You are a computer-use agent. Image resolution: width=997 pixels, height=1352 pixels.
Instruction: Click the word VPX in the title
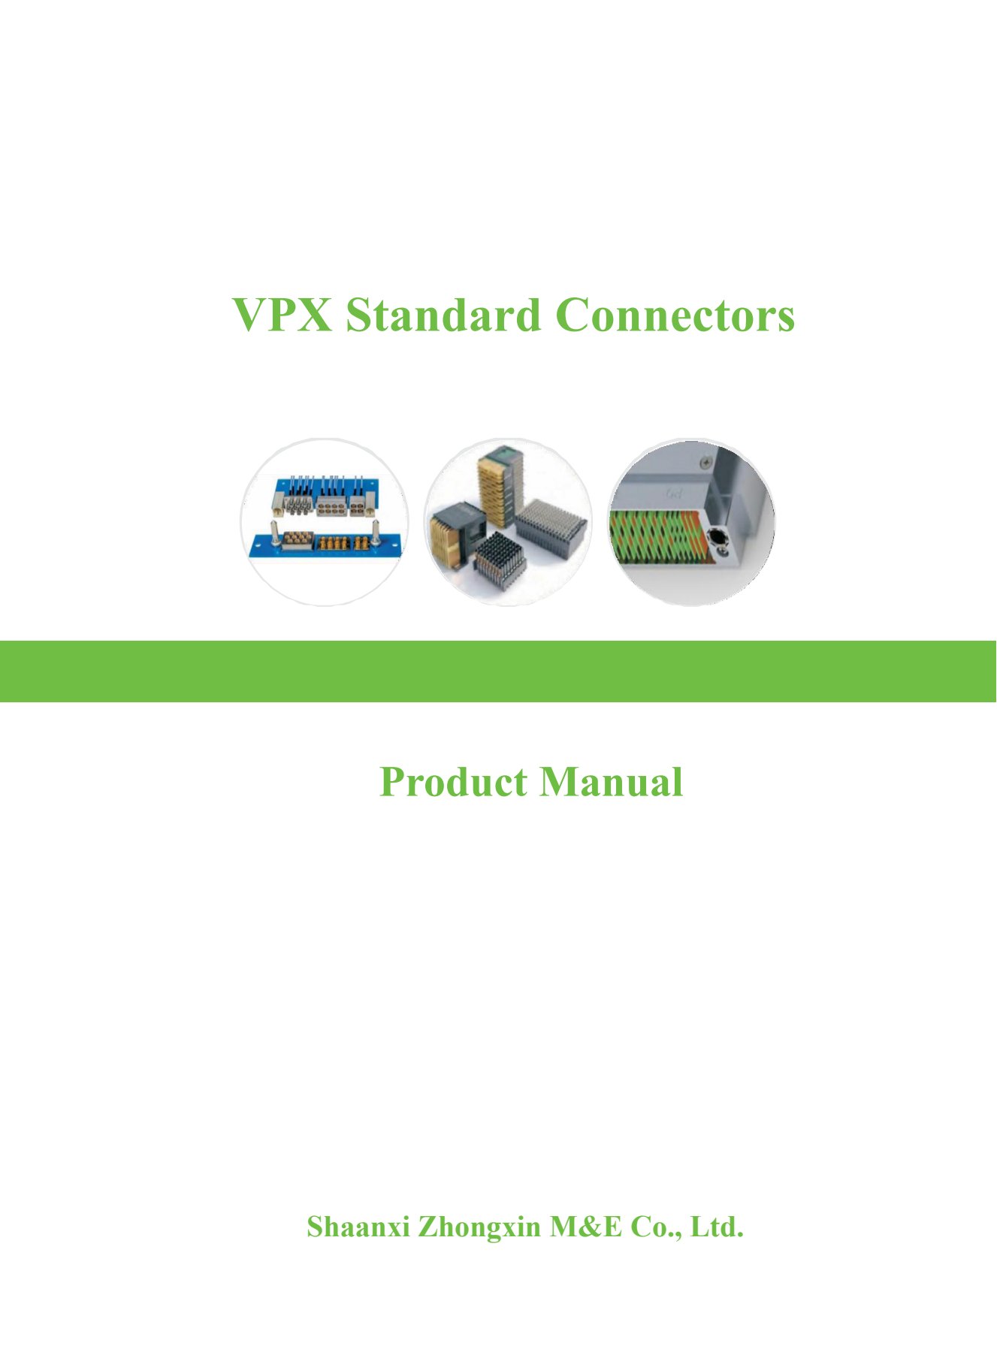coord(282,315)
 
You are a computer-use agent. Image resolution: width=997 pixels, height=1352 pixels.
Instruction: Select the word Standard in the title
coord(443,315)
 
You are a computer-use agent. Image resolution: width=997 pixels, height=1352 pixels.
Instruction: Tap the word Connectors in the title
coord(675,315)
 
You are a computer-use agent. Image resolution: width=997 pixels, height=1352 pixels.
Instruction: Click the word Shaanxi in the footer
coord(358,1227)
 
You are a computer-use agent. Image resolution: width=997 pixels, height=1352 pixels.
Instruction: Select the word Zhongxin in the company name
coord(479,1227)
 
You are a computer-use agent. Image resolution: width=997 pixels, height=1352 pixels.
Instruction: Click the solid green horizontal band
coord(498,671)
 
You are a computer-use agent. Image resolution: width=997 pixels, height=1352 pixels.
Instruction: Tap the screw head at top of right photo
coord(705,461)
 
